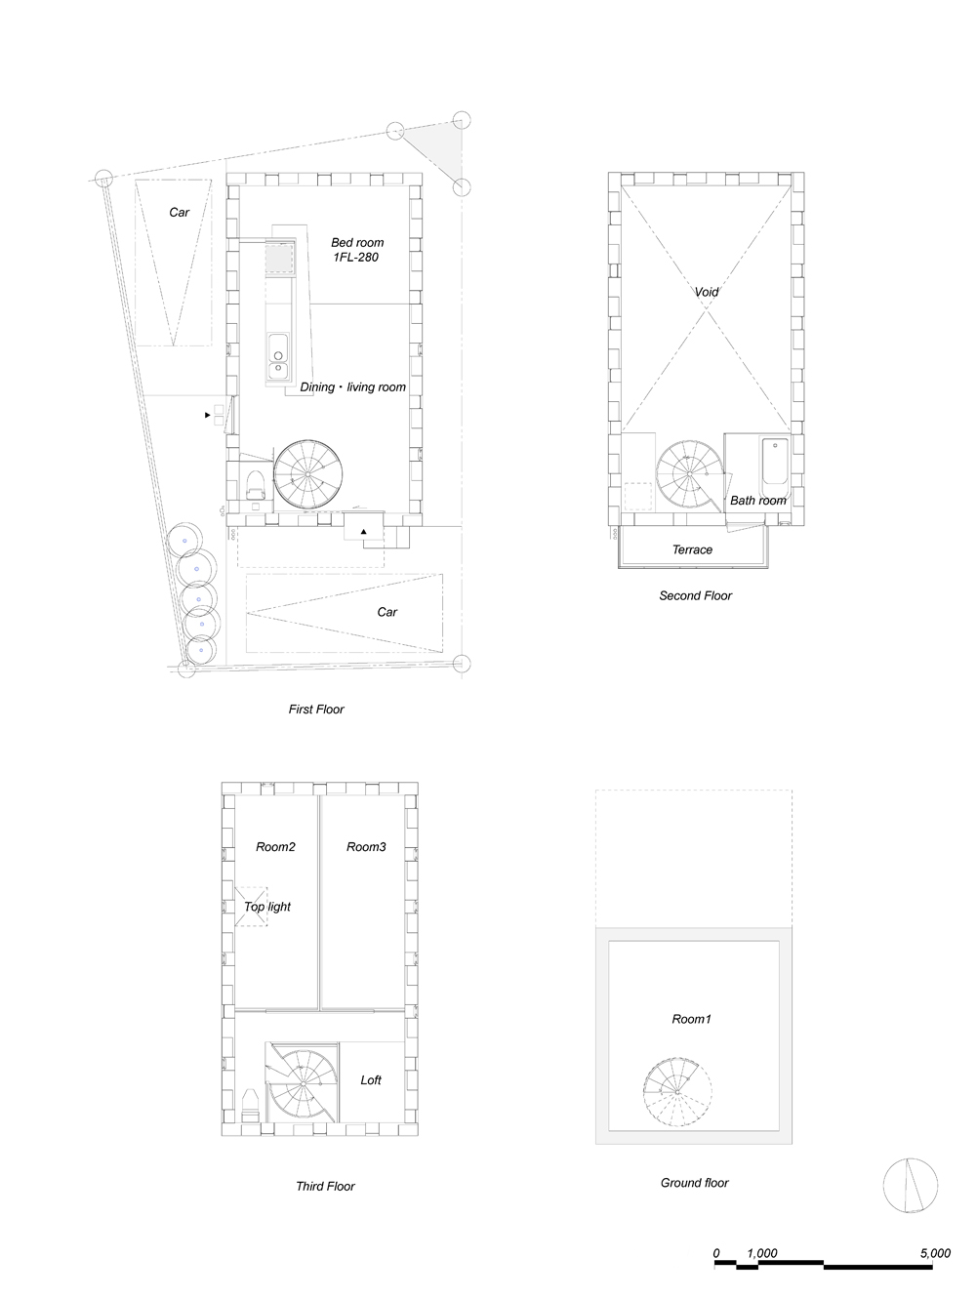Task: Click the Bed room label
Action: [357, 243]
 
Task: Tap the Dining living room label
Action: [352, 387]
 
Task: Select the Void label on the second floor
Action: [706, 292]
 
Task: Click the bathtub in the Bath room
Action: [775, 469]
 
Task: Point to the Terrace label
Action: [692, 549]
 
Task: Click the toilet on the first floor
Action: [255, 485]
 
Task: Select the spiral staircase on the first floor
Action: [307, 474]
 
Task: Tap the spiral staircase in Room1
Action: [677, 1092]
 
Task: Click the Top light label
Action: [266, 907]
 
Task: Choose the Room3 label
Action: [366, 847]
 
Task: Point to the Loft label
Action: [371, 1080]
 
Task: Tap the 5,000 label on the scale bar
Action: [935, 1253]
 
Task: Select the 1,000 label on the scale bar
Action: [761, 1253]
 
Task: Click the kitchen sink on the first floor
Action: [277, 356]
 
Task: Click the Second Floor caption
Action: [696, 596]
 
